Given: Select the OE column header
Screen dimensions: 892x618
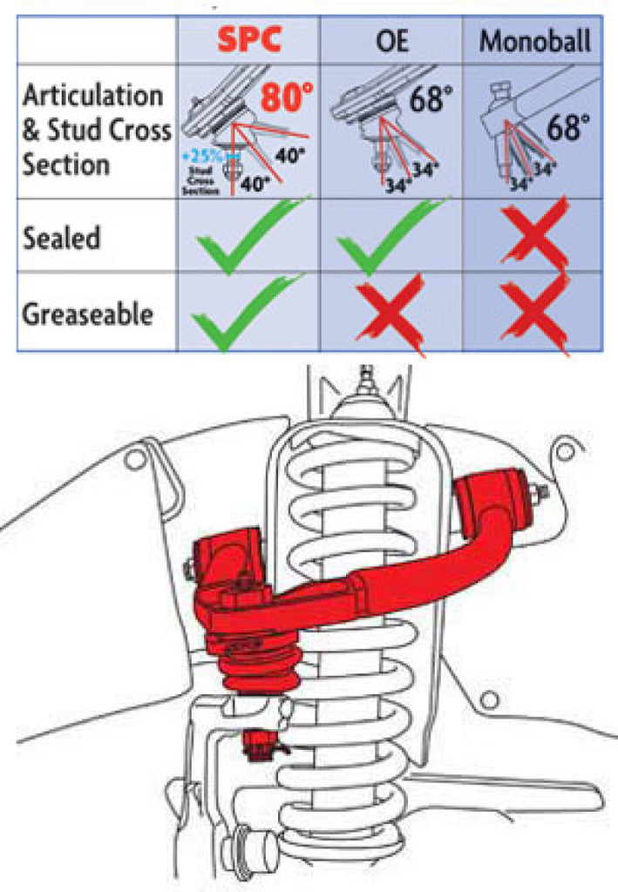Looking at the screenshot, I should click(390, 40).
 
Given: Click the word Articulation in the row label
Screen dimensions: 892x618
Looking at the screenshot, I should click(92, 95).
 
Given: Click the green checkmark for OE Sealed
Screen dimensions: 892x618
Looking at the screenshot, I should click(390, 236).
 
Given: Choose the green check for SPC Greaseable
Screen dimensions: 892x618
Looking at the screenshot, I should click(246, 312).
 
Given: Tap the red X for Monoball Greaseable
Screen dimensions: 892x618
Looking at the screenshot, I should click(533, 312).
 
